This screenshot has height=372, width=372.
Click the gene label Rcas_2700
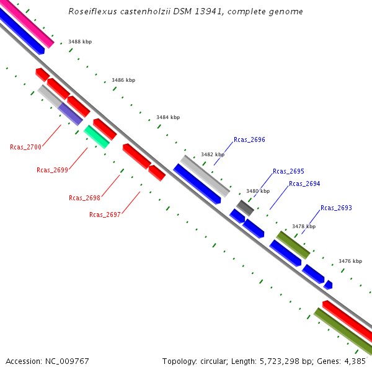[25, 147]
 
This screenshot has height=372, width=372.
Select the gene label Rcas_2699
[52, 170]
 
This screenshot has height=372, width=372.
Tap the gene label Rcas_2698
[84, 198]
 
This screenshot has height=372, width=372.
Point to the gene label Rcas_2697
[105, 215]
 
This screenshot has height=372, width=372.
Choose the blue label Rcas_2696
[249, 140]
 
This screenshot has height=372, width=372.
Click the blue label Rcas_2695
[288, 171]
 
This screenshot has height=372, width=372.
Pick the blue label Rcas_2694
[304, 184]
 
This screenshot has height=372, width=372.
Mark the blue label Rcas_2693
[336, 208]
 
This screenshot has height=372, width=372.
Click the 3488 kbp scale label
[80, 42]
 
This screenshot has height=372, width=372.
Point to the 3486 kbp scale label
[123, 80]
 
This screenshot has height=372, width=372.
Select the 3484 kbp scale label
[168, 117]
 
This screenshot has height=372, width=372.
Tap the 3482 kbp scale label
[213, 154]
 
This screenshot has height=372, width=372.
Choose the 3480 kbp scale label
[258, 191]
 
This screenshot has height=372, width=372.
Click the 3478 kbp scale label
[304, 226]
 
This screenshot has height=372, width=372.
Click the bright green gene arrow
[97, 136]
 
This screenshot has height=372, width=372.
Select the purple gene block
[70, 114]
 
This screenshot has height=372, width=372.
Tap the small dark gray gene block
[245, 208]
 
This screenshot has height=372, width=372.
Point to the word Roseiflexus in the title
[91, 12]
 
